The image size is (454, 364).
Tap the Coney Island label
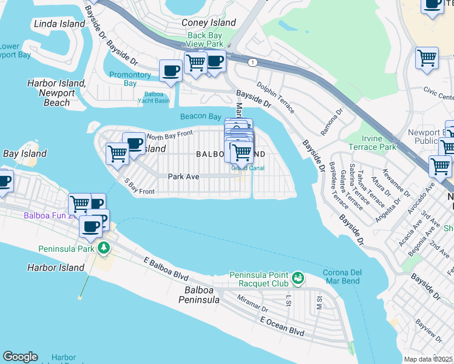point(209,22)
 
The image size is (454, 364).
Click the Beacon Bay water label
point(200,116)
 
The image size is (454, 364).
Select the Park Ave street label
point(183,176)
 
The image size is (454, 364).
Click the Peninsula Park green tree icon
point(104,248)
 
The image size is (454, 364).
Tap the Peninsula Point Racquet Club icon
point(297,278)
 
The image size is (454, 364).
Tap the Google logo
point(20,357)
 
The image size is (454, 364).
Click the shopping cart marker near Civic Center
point(427,59)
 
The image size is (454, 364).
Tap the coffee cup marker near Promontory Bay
point(171,70)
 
